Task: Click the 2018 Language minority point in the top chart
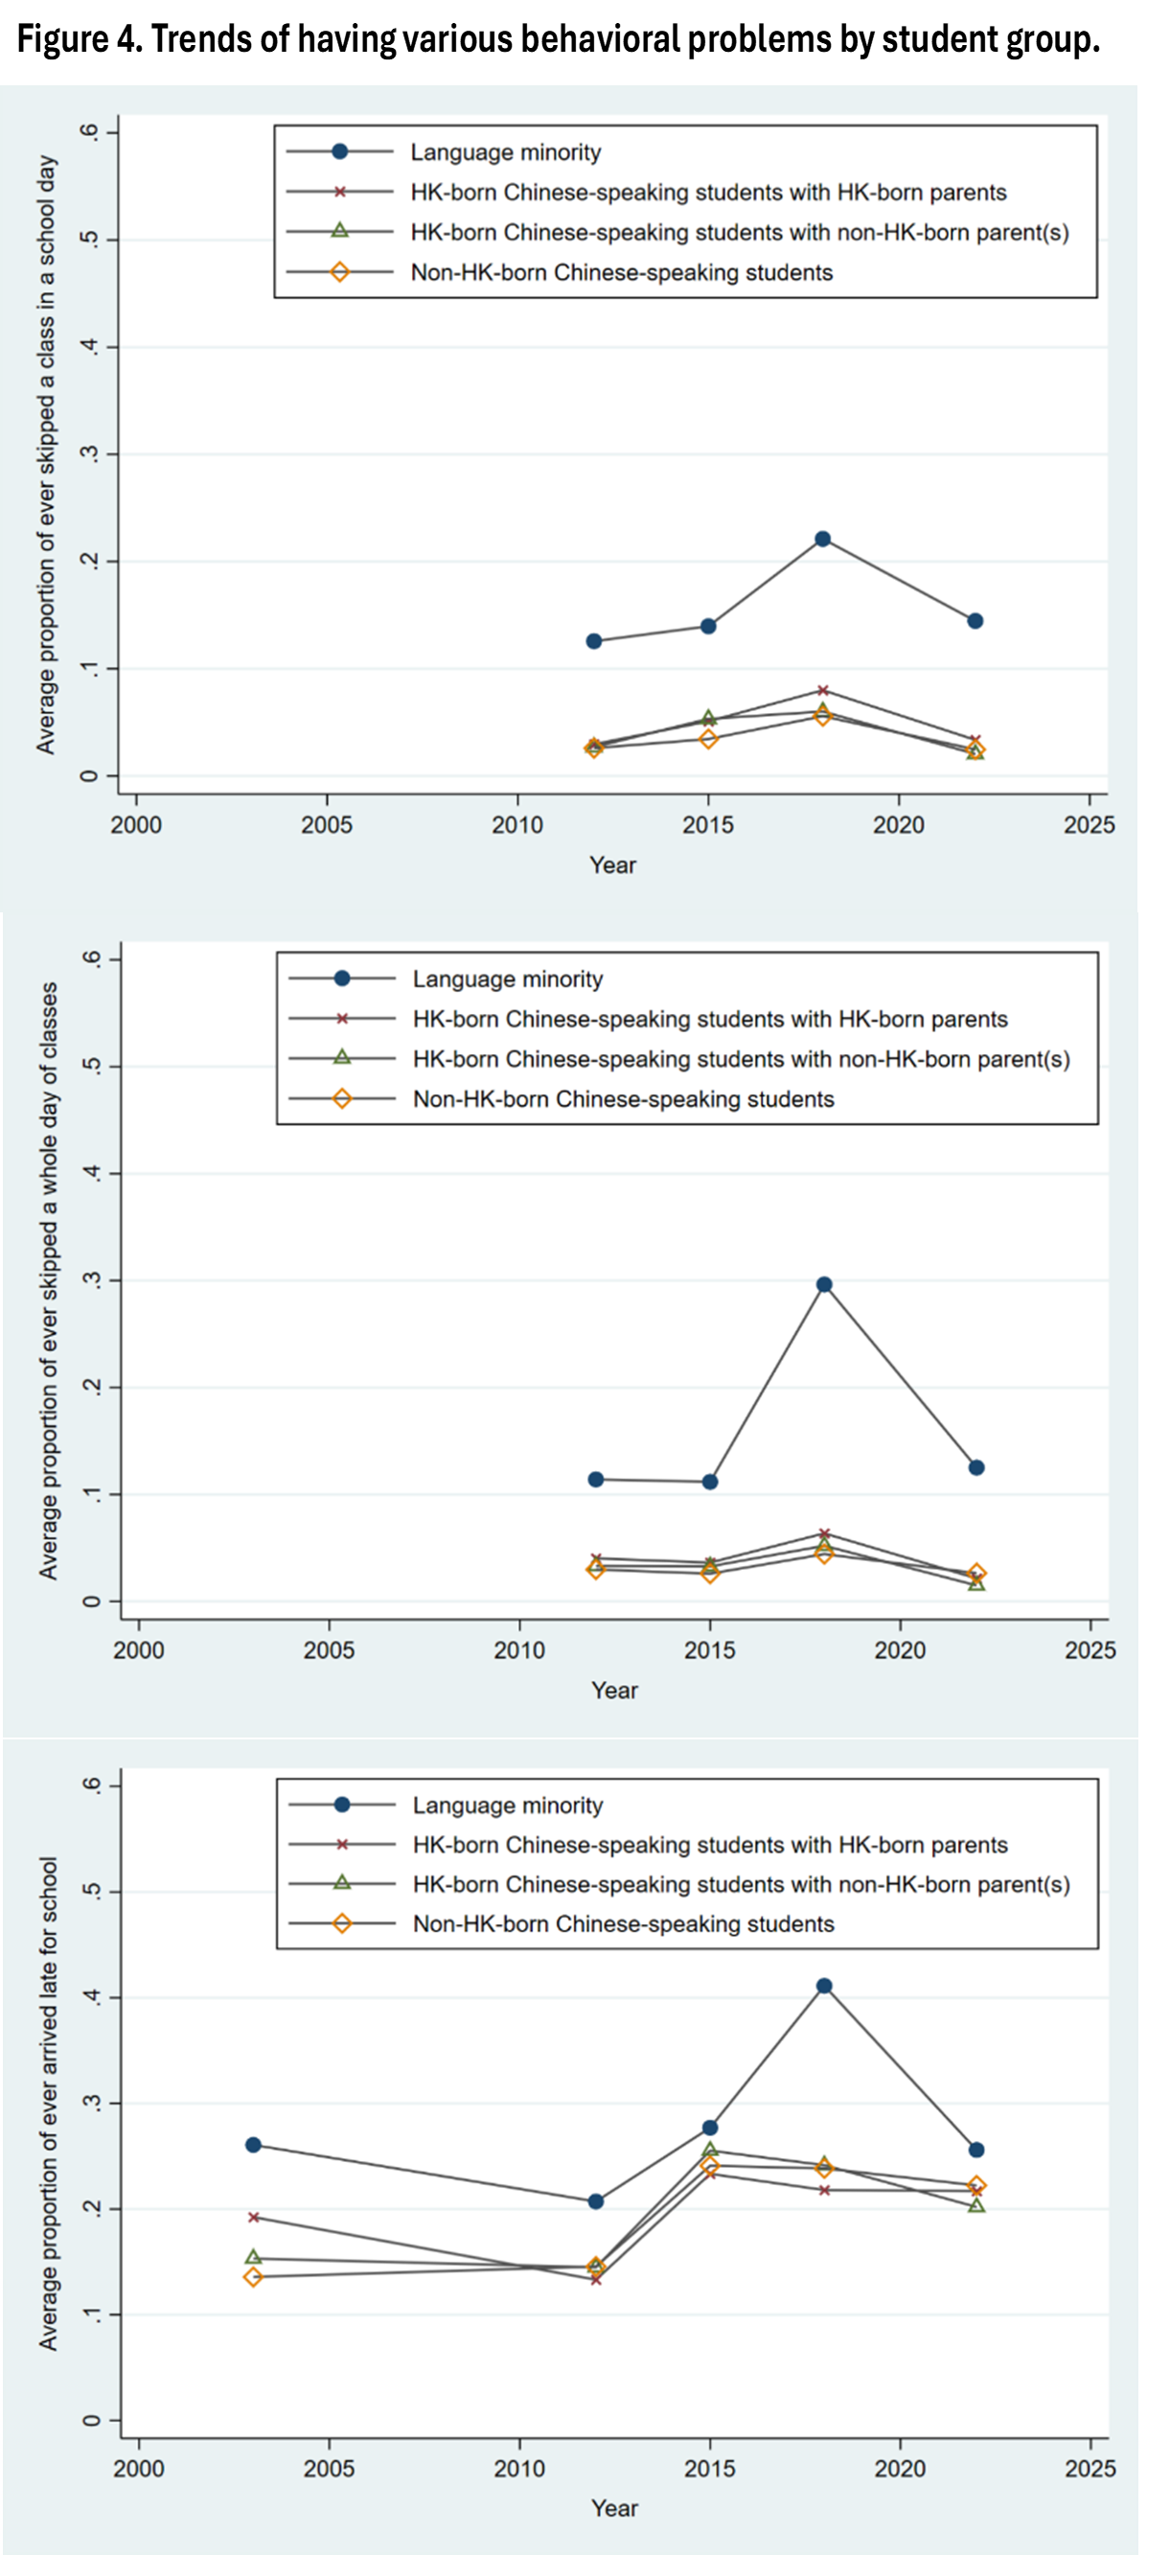coord(822,539)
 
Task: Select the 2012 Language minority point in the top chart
coord(594,641)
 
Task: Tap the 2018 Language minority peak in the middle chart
coord(824,1284)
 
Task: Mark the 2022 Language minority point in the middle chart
coord(976,1467)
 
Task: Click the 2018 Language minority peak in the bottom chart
coord(824,1986)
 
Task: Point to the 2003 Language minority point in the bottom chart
coord(253,2145)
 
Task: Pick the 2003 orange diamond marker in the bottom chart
coord(253,2277)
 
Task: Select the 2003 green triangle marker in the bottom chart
coord(253,2258)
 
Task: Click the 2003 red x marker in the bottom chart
coord(253,2217)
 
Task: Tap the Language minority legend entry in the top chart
coord(506,151)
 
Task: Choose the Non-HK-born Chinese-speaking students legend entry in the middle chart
coord(623,1099)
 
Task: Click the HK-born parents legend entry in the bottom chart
coord(710,1845)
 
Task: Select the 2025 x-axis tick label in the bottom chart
coord(1090,2469)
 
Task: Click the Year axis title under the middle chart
coord(615,1691)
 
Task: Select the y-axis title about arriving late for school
coord(48,2103)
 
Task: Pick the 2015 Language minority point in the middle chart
coord(710,1482)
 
